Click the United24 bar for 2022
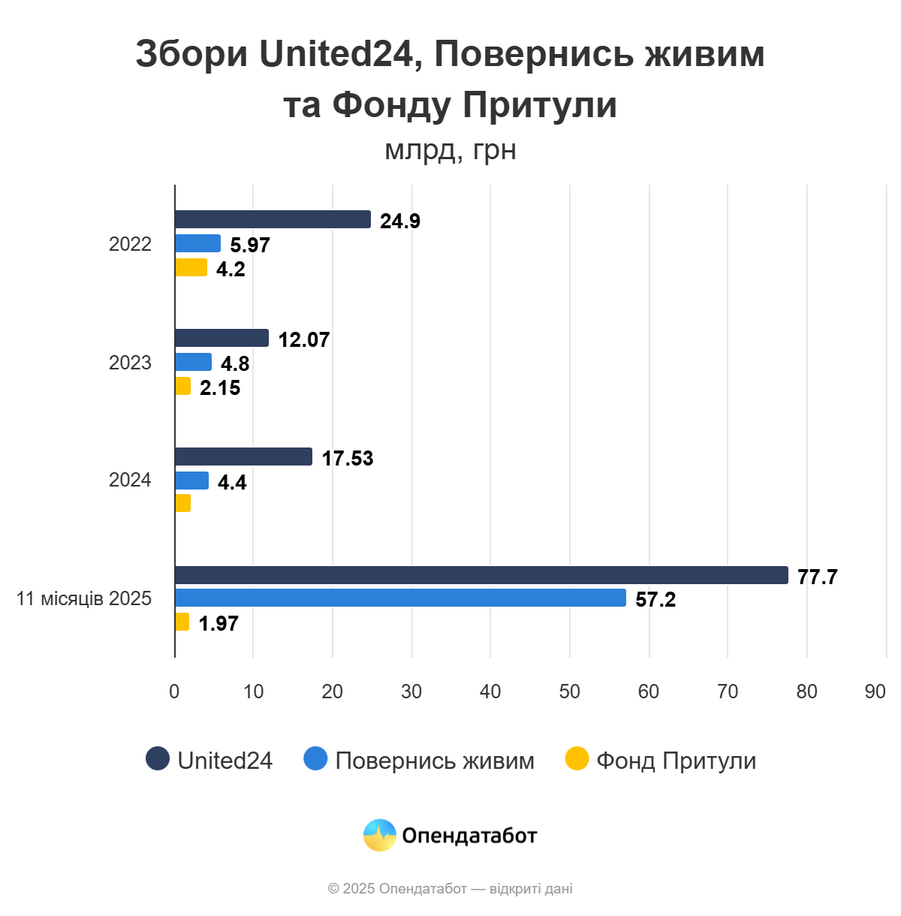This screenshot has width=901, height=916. (x=273, y=219)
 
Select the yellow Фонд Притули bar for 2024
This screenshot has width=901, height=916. (x=182, y=503)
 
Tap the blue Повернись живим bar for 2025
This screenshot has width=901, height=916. (x=400, y=598)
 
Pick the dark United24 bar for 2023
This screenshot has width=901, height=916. (x=221, y=338)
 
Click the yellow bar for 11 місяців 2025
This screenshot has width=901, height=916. (x=182, y=622)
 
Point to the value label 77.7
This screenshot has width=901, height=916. (x=817, y=577)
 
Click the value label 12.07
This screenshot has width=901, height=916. (x=303, y=339)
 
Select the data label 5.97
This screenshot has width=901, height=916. (x=249, y=245)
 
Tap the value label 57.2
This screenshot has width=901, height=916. (x=655, y=599)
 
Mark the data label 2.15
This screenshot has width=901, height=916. (x=219, y=387)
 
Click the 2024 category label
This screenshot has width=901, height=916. (x=130, y=480)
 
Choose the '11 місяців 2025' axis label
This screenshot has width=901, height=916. (x=84, y=598)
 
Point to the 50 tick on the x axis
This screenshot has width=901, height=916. (x=569, y=692)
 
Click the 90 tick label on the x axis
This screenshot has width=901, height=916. (x=875, y=692)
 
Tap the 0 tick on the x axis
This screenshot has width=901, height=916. (x=174, y=692)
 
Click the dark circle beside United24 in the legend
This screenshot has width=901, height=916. (x=158, y=759)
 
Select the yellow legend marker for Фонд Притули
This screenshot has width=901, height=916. (x=577, y=759)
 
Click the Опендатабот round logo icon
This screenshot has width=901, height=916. (x=380, y=835)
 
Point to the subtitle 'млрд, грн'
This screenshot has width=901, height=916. (x=450, y=150)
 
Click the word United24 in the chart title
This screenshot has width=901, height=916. (x=336, y=54)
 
